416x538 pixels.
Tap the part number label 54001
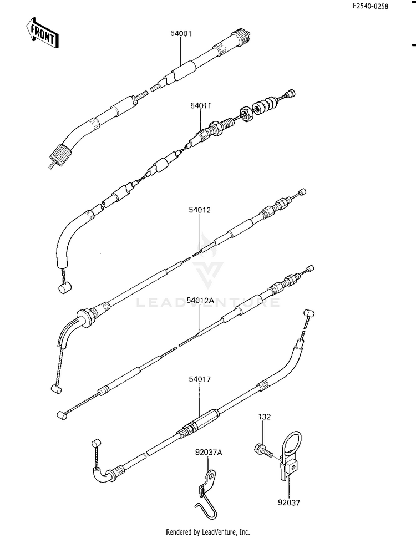coord(181,34)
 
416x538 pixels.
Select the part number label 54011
coord(201,106)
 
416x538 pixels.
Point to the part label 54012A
coord(200,301)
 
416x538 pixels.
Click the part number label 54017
coord(200,379)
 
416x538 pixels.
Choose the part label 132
coord(264,417)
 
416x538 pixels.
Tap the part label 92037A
coord(209,453)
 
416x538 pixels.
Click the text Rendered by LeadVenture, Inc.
coord(208,532)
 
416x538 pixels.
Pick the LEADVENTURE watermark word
coord(208,302)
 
